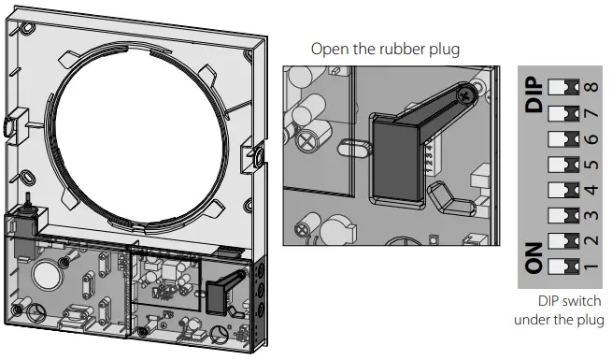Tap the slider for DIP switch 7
click(x=562, y=113)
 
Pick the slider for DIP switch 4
click(x=562, y=190)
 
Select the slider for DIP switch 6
click(x=562, y=138)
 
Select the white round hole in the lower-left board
click(x=43, y=275)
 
